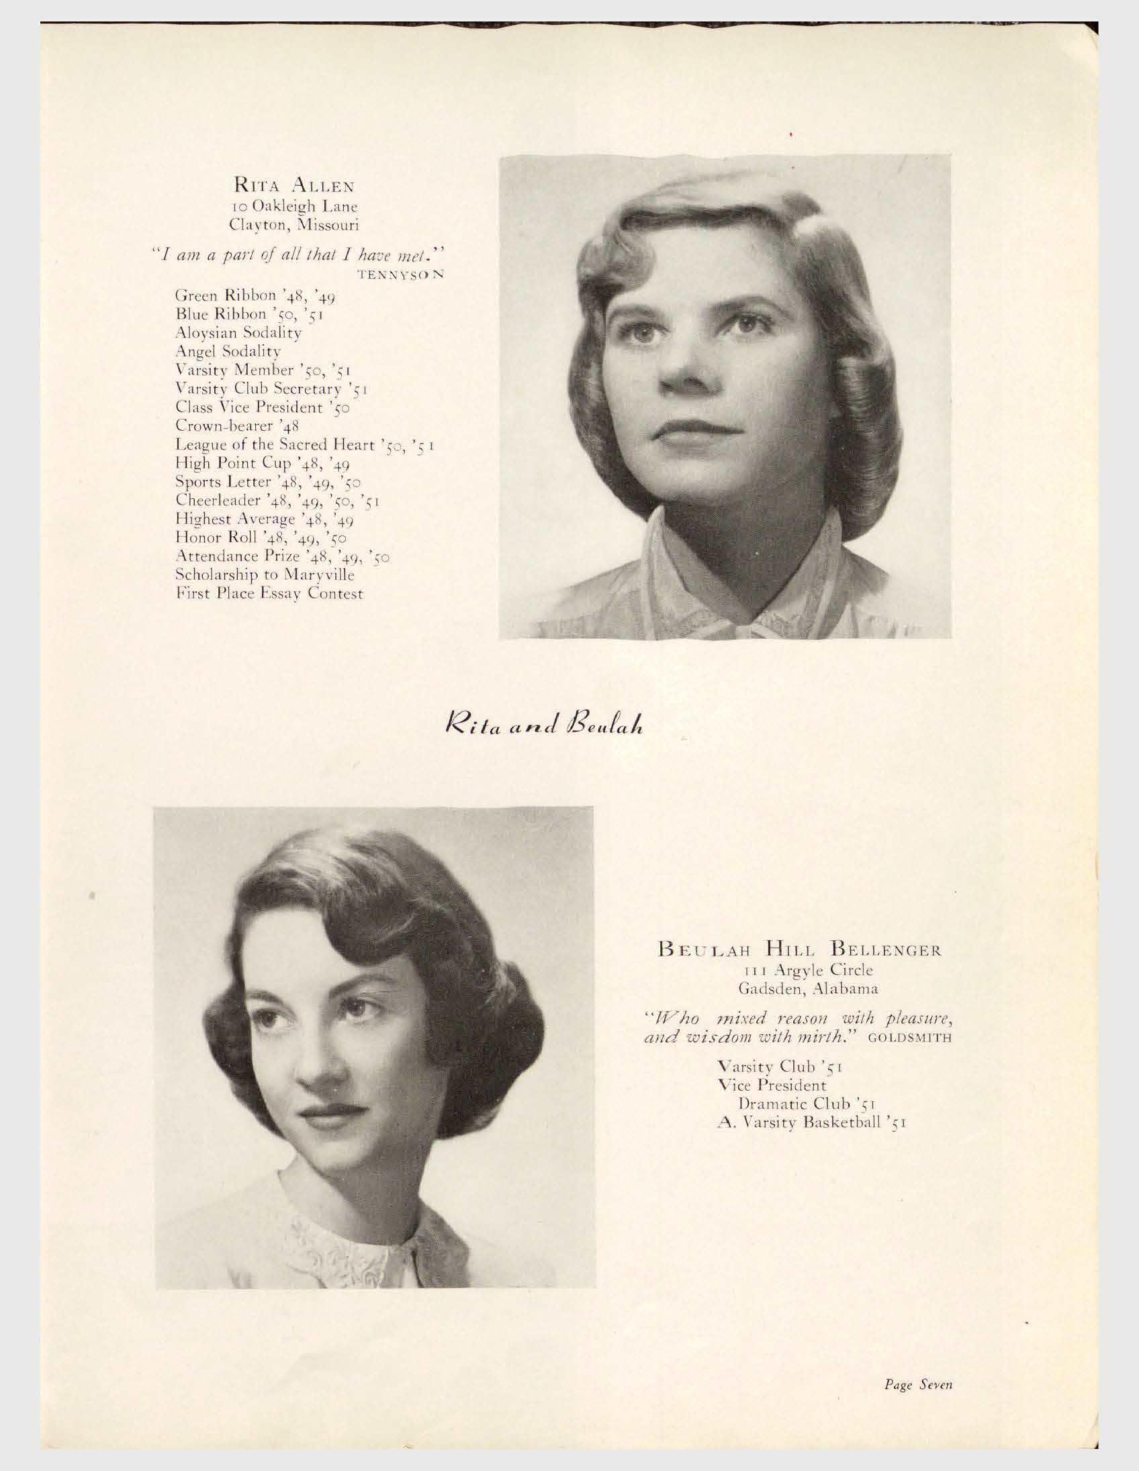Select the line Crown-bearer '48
237,425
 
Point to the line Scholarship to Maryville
264,574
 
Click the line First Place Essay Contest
269,593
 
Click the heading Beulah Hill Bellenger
799,951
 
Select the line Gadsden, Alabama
799,989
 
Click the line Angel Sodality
228,351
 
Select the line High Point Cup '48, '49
261,464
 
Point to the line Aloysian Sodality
238,332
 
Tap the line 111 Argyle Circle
799,970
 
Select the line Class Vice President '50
261,407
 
